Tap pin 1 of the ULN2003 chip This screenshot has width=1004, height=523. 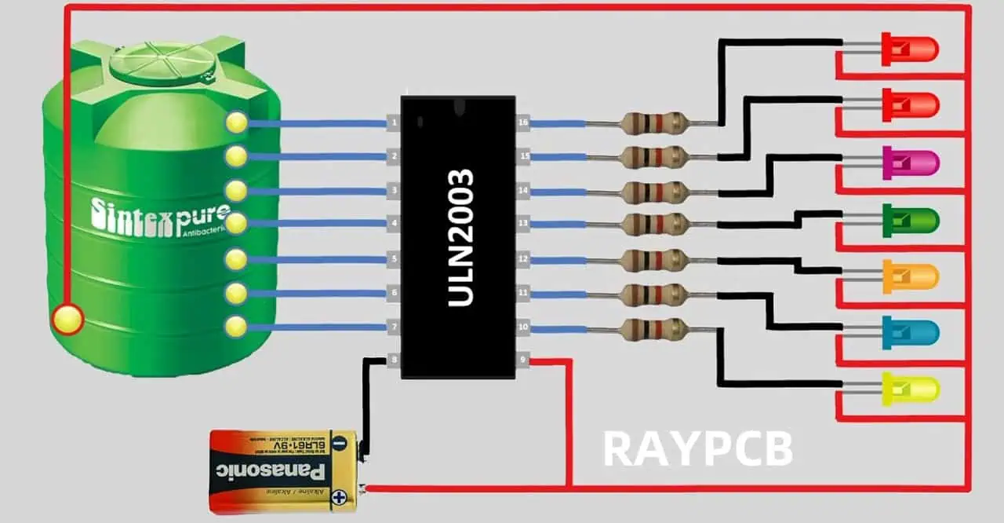394,123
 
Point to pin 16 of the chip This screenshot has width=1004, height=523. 522,123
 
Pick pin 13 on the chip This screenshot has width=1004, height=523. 522,225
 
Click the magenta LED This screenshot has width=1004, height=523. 910,163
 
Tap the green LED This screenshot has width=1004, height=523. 910,220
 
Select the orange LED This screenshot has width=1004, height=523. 910,276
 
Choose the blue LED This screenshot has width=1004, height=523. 910,333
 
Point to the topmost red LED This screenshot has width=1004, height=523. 910,49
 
